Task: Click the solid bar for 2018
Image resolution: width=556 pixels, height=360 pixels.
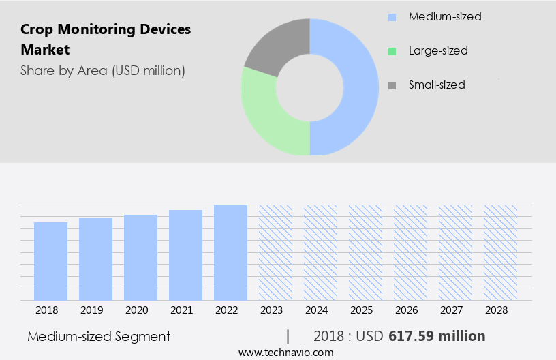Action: (51, 261)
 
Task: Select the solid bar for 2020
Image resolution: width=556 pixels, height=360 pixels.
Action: (141, 257)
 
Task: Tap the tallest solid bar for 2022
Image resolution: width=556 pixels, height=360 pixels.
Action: (230, 252)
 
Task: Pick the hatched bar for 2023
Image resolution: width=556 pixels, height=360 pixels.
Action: (275, 252)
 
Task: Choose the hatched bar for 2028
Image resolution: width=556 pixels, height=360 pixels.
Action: (500, 252)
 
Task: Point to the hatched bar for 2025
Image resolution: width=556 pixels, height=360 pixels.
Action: (365, 252)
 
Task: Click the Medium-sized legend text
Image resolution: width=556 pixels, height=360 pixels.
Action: (444, 16)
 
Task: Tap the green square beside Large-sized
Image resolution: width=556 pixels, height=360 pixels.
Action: (391, 51)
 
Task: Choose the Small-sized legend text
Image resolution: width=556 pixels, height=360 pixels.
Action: (436, 85)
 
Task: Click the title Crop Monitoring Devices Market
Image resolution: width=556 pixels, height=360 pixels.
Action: (106, 40)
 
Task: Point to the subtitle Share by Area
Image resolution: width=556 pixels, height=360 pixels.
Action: (102, 70)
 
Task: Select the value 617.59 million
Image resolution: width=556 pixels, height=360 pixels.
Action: (437, 336)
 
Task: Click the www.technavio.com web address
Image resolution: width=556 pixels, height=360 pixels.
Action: (285, 352)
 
